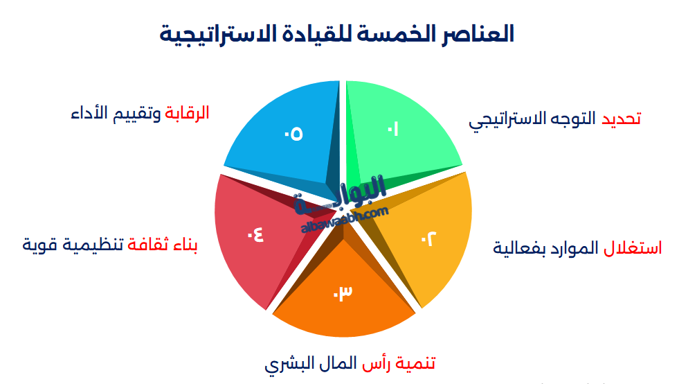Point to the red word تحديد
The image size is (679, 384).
coord(620,119)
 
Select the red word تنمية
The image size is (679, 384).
coord(415,363)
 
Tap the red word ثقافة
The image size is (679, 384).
coord(150,244)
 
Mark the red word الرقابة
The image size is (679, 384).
coord(187,113)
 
